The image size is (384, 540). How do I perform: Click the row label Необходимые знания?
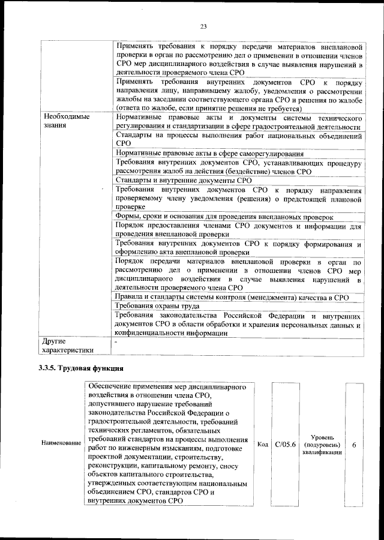[x=65, y=122]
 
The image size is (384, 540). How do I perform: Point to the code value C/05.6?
[x=285, y=444]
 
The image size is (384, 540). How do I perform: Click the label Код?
[x=262, y=444]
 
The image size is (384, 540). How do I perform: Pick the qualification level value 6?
[x=355, y=445]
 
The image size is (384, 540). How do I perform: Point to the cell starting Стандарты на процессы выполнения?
[x=238, y=139]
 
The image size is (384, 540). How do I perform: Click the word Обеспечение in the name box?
[x=112, y=388]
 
